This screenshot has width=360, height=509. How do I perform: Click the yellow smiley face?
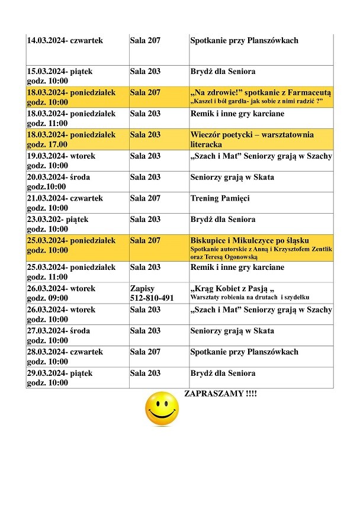162,408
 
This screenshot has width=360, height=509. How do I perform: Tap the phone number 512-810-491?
152,298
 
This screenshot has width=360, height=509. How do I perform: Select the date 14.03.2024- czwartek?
65,41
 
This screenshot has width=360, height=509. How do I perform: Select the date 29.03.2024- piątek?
60,373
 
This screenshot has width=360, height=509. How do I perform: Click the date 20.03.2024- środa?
59,177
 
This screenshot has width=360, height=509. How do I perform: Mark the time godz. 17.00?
47,144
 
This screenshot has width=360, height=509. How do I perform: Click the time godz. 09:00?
47,298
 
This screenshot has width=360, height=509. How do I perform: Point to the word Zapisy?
142,288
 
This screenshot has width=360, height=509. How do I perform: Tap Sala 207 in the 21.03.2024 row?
145,198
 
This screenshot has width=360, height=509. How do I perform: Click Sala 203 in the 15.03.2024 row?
145,72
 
